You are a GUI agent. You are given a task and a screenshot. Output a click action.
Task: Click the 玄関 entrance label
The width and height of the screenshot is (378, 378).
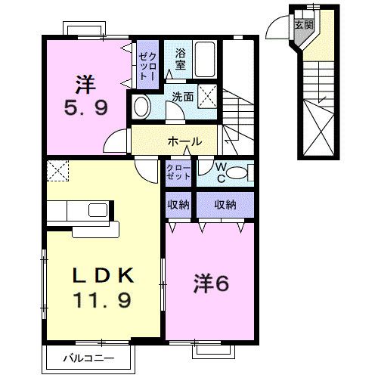coord(302,24)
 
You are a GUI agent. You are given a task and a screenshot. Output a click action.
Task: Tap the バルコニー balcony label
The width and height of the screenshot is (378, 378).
coord(89,358)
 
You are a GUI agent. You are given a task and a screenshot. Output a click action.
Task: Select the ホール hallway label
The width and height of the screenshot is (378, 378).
coord(184,141)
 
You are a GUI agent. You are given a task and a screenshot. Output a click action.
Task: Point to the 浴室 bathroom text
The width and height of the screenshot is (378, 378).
coord(180,60)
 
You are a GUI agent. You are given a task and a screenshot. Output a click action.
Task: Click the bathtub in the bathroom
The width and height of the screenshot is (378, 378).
coord(206,57)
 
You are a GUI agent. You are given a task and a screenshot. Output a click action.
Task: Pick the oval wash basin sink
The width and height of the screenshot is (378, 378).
coord(142,107)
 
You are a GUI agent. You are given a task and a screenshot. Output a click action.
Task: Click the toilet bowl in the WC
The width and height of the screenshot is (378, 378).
coord(237,173)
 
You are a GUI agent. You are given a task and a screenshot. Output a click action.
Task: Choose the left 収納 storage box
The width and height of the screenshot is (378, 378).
coord(179,204)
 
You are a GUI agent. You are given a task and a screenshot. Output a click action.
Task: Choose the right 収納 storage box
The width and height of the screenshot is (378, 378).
coord(225,204)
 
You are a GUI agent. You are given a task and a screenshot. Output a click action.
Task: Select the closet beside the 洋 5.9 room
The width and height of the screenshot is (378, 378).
coord(147,66)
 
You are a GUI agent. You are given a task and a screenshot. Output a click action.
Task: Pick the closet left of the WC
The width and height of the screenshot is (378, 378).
coord(179,173)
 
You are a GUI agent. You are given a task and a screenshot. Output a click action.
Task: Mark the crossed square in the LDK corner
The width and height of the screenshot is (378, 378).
coord(56,169)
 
